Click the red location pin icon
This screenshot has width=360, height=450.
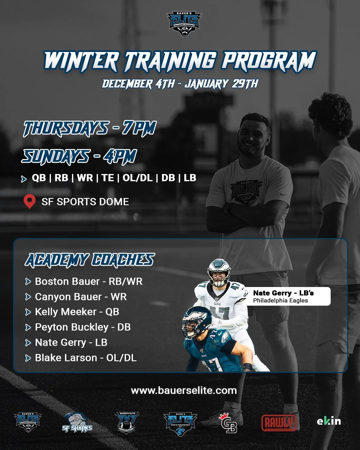click(30, 201)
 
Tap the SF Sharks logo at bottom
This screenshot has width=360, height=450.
click(77, 423)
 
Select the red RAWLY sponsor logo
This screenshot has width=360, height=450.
click(279, 423)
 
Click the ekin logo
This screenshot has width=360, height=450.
click(329, 421)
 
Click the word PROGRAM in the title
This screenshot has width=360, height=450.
click(269, 61)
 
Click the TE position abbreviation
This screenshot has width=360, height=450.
click(108, 178)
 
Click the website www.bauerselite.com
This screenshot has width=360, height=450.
click(184, 391)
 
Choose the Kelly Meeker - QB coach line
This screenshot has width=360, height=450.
click(77, 312)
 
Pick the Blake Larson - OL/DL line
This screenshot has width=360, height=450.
click(86, 358)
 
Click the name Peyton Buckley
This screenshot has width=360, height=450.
click(72, 327)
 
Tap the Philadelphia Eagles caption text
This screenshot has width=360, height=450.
click(280, 301)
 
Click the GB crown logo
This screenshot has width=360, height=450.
click(229, 423)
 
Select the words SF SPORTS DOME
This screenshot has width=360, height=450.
click(85, 202)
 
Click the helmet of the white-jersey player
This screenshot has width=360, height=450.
click(219, 272)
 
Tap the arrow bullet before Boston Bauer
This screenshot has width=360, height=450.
click(28, 282)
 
